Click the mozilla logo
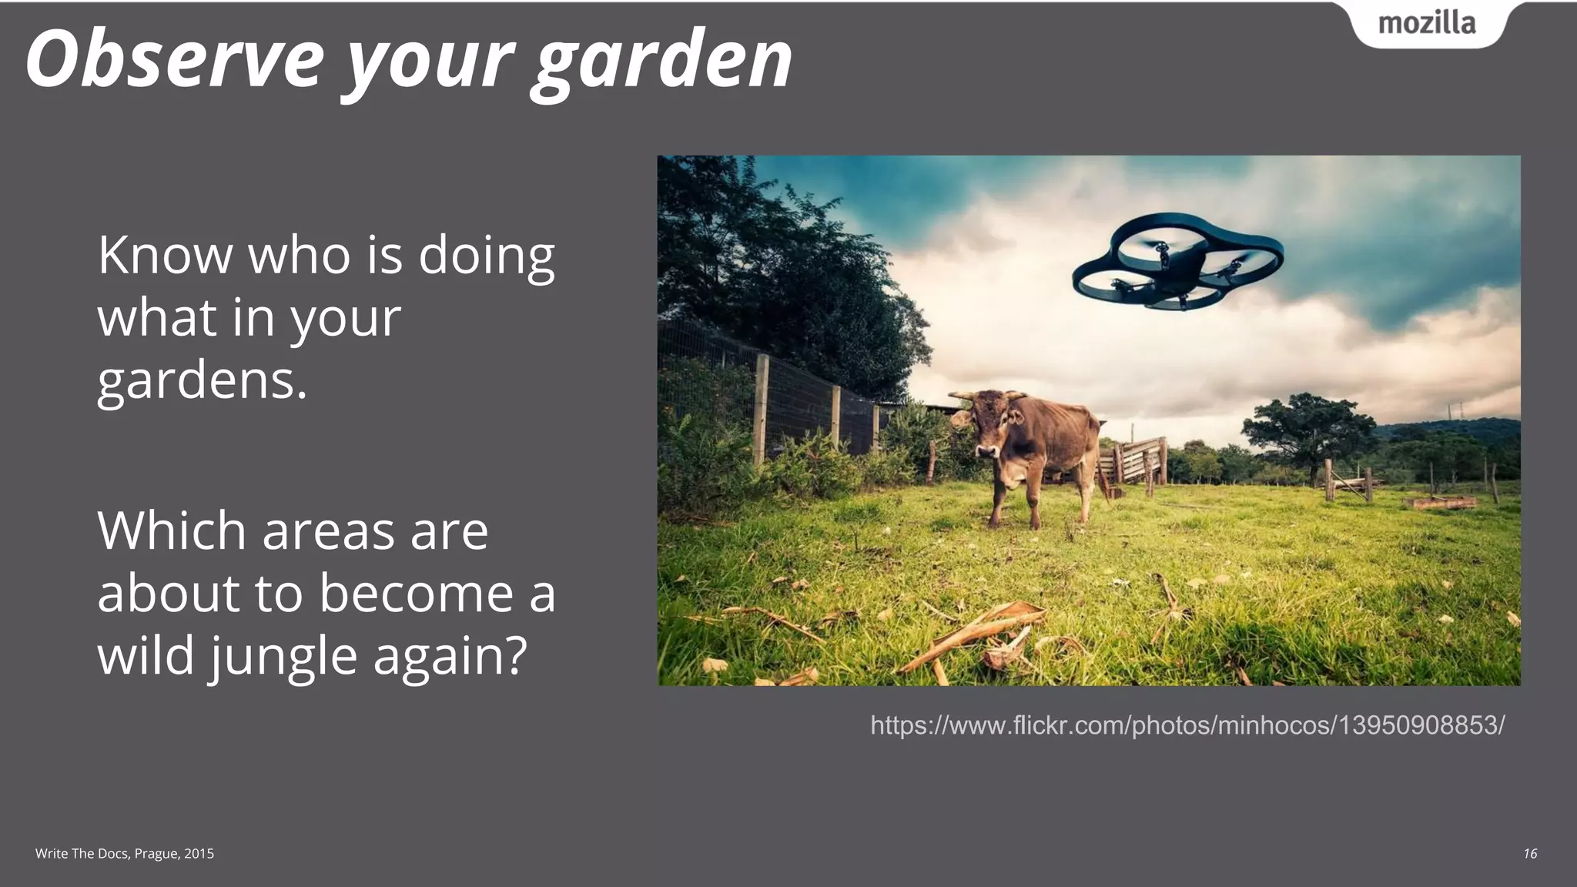tap(1427, 24)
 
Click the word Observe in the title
tap(174, 60)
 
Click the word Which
tap(171, 531)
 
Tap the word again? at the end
tap(450, 657)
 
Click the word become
tap(416, 594)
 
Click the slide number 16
tap(1530, 853)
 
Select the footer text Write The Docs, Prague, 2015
tap(125, 853)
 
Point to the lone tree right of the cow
tap(1309, 431)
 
